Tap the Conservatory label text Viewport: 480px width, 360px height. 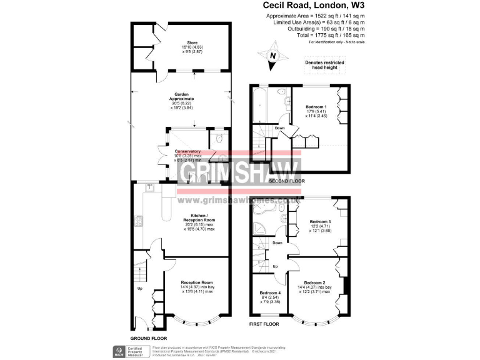187,151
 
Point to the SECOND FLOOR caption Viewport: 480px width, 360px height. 286,181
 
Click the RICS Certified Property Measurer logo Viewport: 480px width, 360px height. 128,351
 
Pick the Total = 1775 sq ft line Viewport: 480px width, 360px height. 338,35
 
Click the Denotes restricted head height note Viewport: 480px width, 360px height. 324,65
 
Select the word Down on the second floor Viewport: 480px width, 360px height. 280,128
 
